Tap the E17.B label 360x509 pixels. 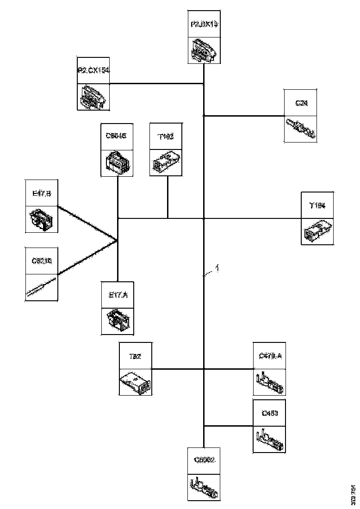click(x=41, y=194)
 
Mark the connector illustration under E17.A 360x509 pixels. click(x=118, y=321)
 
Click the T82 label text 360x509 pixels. click(x=136, y=356)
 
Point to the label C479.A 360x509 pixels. click(x=269, y=356)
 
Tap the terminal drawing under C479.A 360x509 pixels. click(x=269, y=382)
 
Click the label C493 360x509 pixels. click(x=269, y=413)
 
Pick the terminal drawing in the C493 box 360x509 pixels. click(x=269, y=439)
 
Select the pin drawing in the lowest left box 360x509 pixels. click(x=42, y=287)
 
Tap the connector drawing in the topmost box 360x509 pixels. click(x=204, y=50)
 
